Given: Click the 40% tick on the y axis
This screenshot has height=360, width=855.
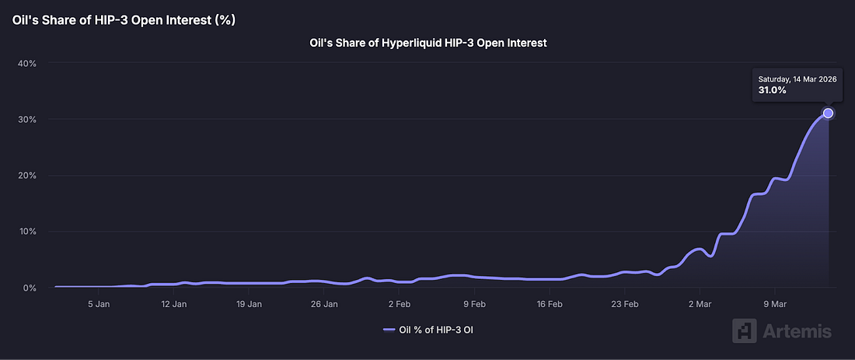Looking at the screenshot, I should coord(26,63).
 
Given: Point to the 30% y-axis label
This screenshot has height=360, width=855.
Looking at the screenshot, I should coord(26,119).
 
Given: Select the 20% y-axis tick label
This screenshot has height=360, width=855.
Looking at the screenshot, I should coord(26,176).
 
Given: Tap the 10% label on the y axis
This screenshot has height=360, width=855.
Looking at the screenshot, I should coord(26,232).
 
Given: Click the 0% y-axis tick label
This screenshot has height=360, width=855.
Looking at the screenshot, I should coord(30,288).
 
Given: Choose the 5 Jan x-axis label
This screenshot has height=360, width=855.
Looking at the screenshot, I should coord(99,304).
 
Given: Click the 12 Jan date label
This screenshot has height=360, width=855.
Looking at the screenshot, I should coord(173,304).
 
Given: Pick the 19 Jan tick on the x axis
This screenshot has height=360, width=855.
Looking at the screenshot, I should coord(249,304).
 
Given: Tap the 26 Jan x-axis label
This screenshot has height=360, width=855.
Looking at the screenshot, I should coord(324,304).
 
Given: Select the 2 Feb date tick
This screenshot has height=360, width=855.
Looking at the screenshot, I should coord(399,304).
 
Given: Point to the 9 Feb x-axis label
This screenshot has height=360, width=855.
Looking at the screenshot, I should coord(474,304).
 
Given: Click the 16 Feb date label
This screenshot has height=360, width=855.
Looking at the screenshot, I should coord(550,304).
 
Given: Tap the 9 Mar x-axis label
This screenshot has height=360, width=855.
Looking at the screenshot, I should coord(774,304).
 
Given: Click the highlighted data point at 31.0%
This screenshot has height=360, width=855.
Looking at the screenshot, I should coord(828,114).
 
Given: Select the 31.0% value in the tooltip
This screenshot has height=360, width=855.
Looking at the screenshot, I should coord(773,90).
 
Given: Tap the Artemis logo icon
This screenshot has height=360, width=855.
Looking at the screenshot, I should coord(744,330).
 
